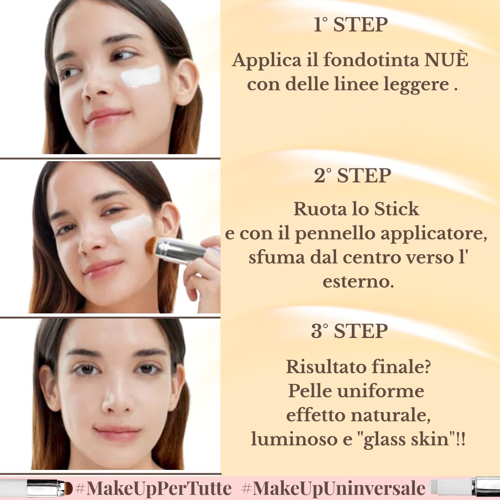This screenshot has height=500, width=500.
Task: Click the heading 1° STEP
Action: (x=350, y=25)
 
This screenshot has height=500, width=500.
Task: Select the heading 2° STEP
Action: (x=352, y=176)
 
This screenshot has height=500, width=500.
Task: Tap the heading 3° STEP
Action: (x=349, y=331)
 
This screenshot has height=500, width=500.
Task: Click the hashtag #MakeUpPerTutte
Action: (x=153, y=488)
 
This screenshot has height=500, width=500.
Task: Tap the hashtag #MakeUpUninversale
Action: (x=333, y=488)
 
